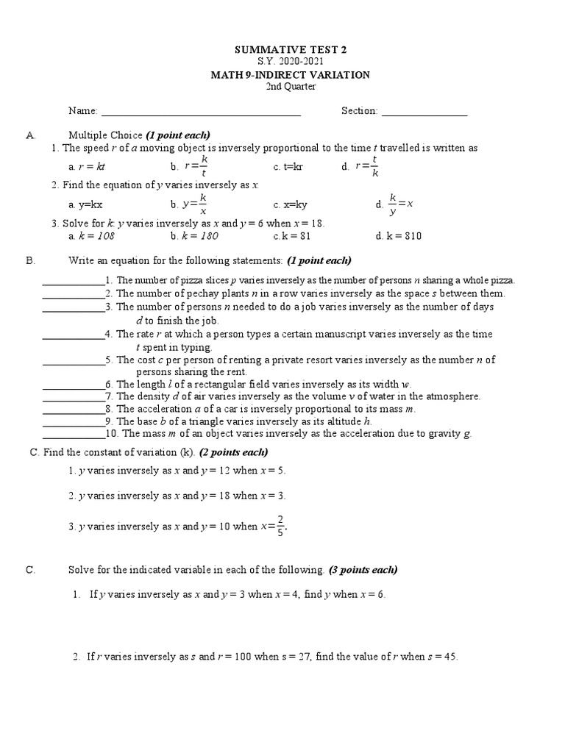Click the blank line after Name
point(201,112)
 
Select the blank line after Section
point(424,112)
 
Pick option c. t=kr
point(288,167)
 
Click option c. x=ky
point(290,204)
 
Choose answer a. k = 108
point(91,236)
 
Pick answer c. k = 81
point(292,236)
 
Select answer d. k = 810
point(397,236)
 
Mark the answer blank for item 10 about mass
point(74,435)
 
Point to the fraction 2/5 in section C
point(281,526)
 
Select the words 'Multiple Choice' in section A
point(105,135)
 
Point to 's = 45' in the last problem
point(443,657)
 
